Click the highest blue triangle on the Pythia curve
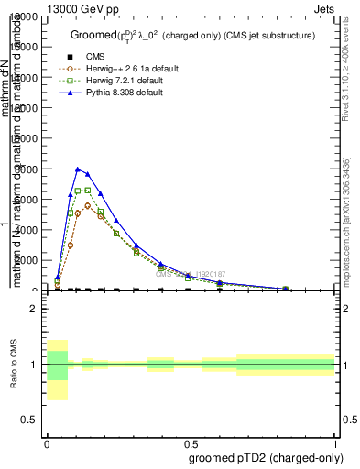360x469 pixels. coord(78,169)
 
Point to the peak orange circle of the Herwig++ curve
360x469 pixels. coord(88,205)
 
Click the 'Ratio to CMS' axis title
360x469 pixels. coord(13,365)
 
